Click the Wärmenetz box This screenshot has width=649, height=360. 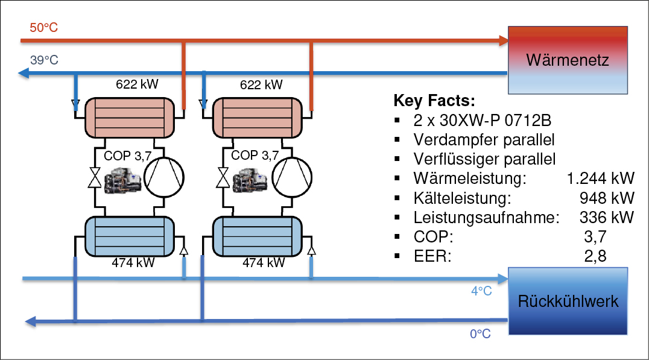click(x=568, y=60)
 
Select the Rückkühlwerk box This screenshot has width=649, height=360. click(x=568, y=301)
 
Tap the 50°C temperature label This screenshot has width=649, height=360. click(x=43, y=28)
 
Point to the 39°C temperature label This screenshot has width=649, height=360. click(x=44, y=60)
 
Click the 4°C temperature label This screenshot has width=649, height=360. click(x=481, y=291)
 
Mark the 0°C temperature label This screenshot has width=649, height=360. click(x=480, y=333)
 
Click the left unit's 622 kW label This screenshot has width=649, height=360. click(x=137, y=84)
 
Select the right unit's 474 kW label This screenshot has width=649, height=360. click(x=264, y=262)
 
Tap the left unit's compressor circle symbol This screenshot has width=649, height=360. click(x=164, y=177)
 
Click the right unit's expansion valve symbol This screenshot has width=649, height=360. click(x=223, y=178)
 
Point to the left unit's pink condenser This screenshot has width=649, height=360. click(x=130, y=118)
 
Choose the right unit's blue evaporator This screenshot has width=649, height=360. click(x=257, y=236)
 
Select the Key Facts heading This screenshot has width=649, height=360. click(x=434, y=100)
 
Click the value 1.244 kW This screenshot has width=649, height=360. click(x=600, y=178)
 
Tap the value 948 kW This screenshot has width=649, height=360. click(x=607, y=198)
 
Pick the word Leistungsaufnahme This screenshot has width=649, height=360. click(x=486, y=217)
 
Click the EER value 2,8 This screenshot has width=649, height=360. click(x=595, y=256)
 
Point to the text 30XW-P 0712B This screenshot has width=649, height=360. click(x=495, y=121)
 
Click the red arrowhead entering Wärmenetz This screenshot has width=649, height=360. click(x=504, y=40)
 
